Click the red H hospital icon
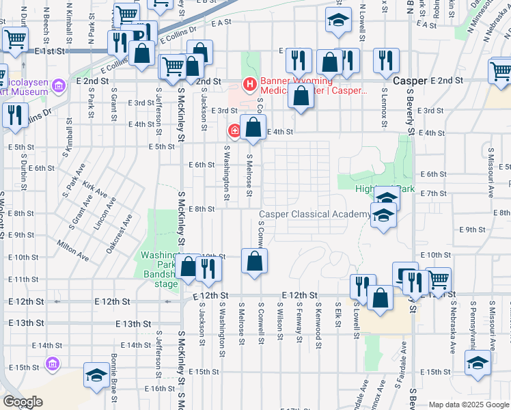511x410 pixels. (249, 85)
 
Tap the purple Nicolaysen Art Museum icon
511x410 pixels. (59, 85)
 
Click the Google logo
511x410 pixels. (23, 402)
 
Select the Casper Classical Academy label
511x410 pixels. (314, 214)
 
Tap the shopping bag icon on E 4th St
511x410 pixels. (253, 127)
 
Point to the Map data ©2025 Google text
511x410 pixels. (469, 405)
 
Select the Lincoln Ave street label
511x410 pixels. (105, 215)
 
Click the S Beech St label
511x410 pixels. (46, 21)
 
